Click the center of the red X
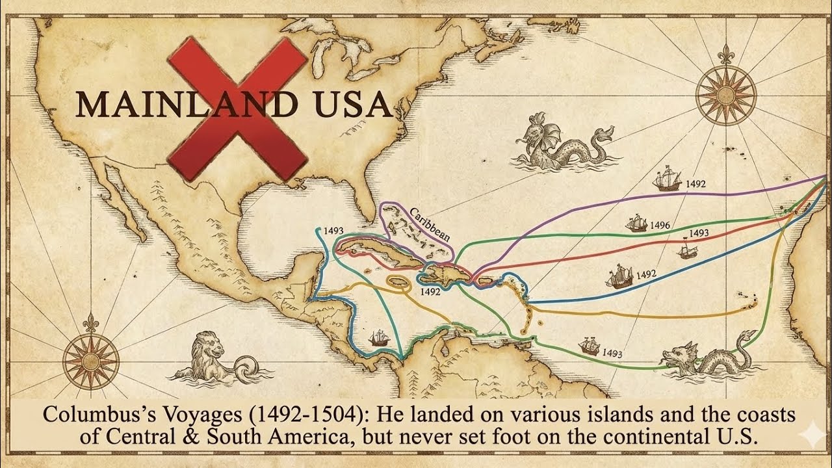pyautogui.click(x=237, y=108)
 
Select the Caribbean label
pyautogui.click(x=430, y=225)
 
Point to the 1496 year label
pyautogui.click(x=659, y=226)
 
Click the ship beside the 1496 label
pyautogui.click(x=636, y=223)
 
